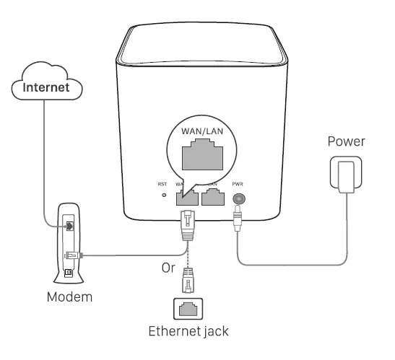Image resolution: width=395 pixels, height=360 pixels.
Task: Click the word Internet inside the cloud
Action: [x=48, y=88]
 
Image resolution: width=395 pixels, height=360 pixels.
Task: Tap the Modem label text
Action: [x=71, y=297]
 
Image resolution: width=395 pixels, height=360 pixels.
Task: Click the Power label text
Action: [x=346, y=141]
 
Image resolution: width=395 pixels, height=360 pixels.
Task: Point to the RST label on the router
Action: [x=162, y=184]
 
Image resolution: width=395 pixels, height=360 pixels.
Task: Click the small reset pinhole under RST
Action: [x=163, y=196]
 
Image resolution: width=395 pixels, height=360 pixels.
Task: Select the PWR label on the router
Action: [x=238, y=184]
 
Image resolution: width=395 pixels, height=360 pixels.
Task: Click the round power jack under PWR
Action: [x=238, y=196]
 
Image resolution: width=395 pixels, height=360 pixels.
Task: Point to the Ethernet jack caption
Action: [x=188, y=333]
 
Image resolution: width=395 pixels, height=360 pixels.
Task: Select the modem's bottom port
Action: [x=68, y=271]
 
